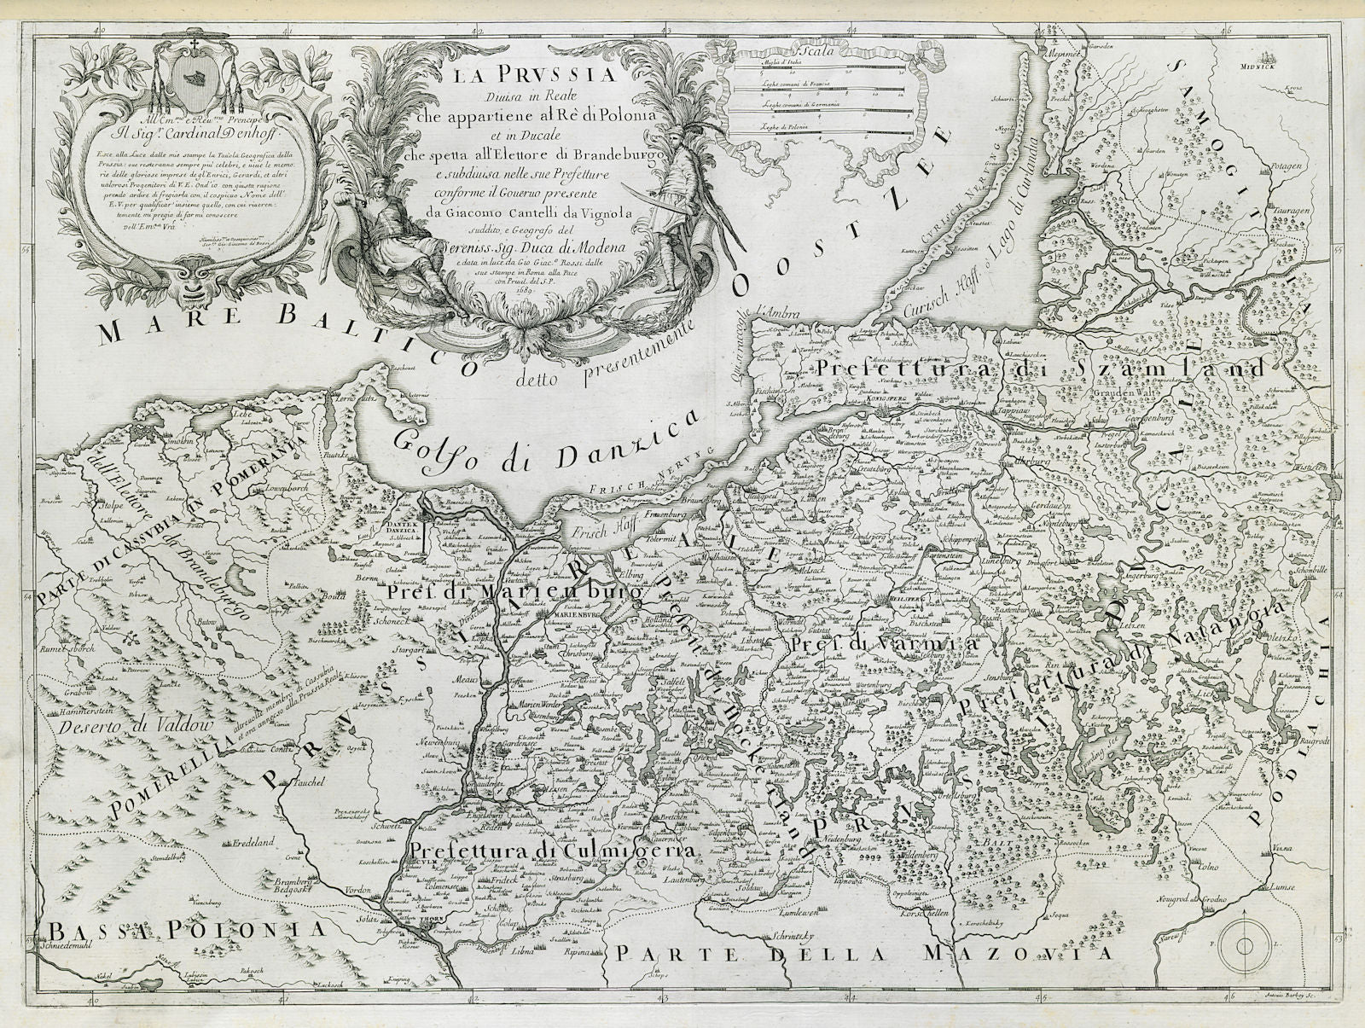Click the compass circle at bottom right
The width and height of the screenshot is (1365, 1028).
1243,944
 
